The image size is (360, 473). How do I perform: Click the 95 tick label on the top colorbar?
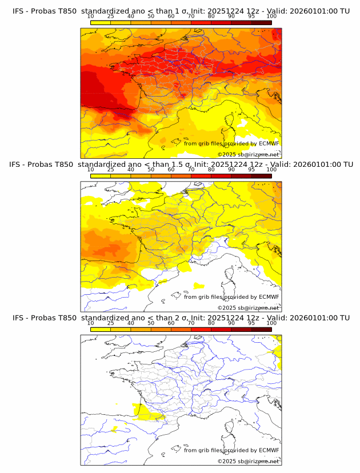pos(251,16)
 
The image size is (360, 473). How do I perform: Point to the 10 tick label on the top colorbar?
pos(91,16)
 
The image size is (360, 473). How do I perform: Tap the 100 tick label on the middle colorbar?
pos(271,169)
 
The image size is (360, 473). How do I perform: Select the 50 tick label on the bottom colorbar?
pos(151,323)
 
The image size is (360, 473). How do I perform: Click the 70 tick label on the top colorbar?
pos(191,16)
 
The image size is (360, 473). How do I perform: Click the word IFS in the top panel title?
pos(18,11)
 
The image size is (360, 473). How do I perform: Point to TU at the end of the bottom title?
pos(344,318)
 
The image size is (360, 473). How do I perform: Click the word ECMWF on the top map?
pos(269,143)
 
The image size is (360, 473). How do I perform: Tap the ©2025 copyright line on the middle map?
pos(248,307)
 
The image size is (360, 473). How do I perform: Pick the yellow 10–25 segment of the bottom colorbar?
pos(101,328)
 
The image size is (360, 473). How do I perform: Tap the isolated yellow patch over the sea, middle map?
pos(198,285)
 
